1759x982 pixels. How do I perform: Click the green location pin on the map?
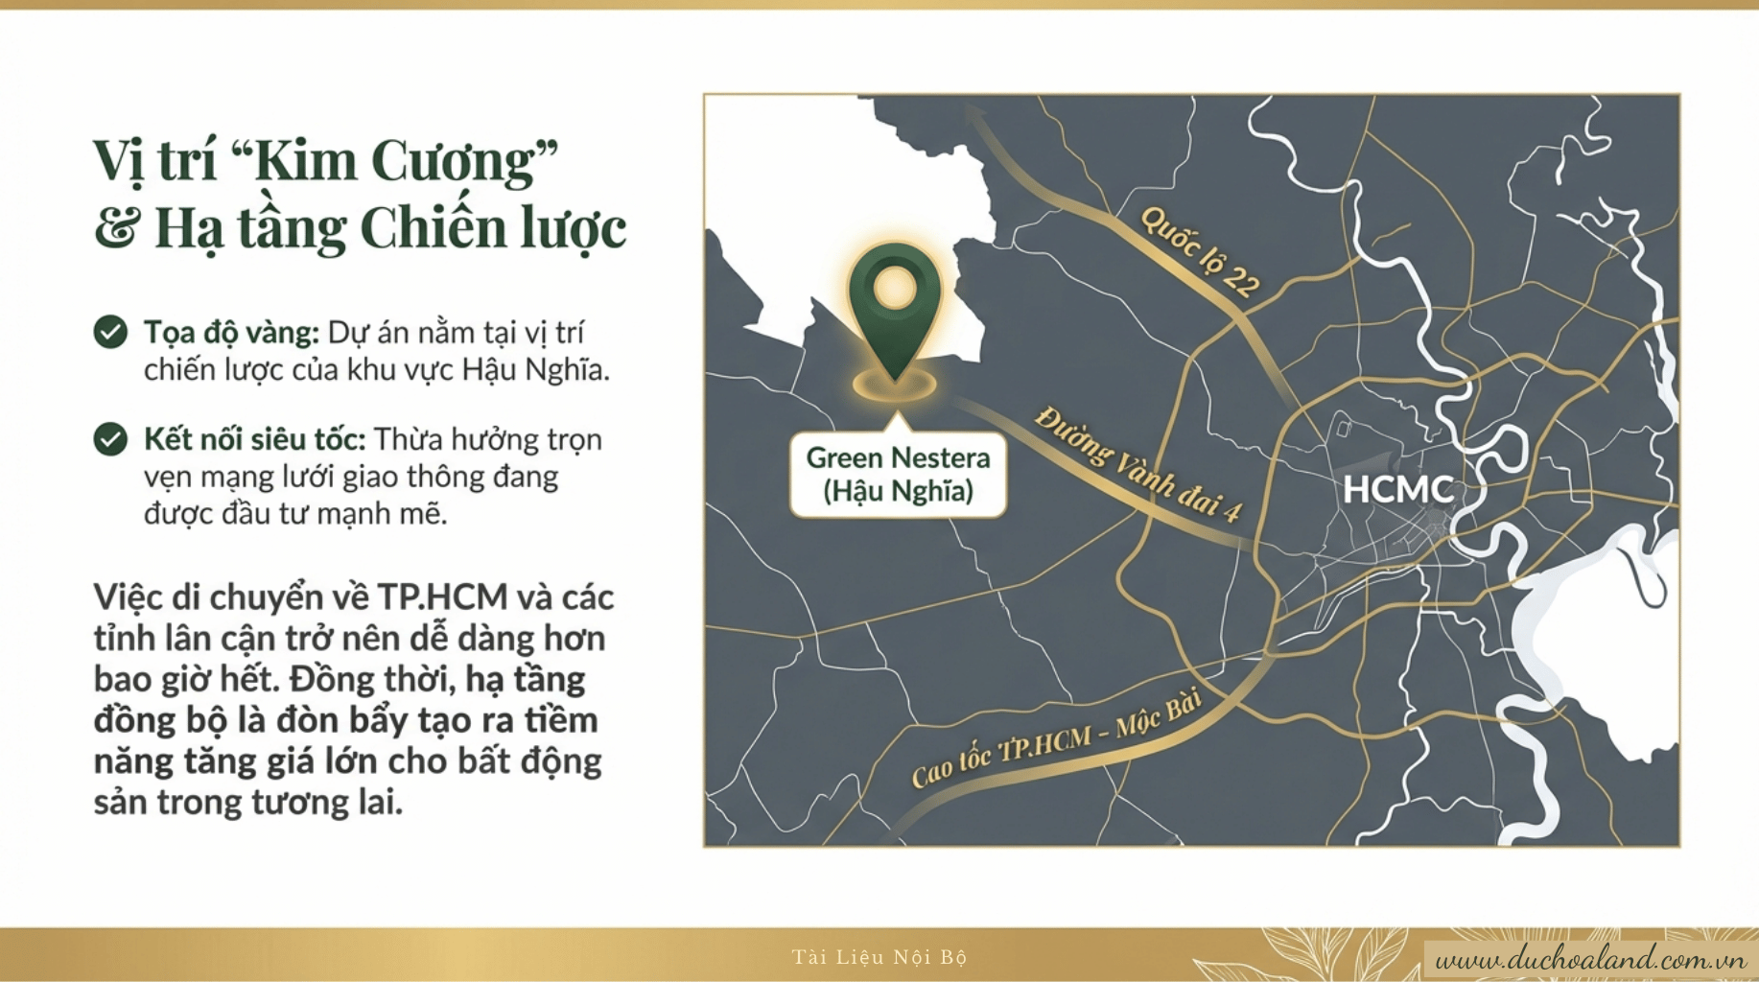(894, 302)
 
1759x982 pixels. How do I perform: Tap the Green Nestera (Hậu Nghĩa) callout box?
(898, 475)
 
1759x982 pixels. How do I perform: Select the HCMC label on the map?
(1397, 489)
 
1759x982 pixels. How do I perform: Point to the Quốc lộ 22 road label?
(1200, 252)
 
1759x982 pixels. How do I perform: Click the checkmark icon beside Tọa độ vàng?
(110, 332)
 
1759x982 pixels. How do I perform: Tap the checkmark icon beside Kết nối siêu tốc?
(110, 439)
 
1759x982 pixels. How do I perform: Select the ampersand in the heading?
(116, 227)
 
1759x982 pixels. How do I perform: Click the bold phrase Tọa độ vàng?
(231, 333)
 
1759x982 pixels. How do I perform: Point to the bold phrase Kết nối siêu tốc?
(254, 439)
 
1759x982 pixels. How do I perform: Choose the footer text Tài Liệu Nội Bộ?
(879, 957)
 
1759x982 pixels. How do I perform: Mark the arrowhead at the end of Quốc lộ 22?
(976, 113)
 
